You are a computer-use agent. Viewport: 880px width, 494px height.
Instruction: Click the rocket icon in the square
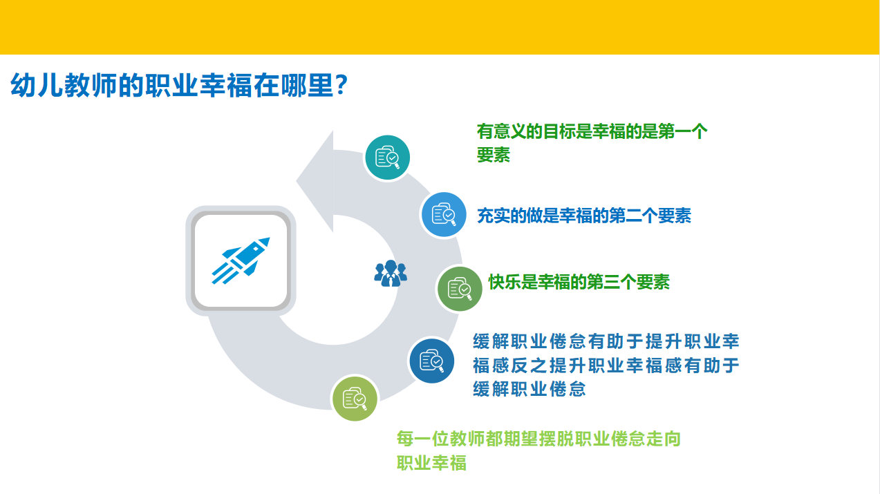point(241,260)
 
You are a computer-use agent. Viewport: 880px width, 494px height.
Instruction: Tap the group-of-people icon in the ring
point(391,274)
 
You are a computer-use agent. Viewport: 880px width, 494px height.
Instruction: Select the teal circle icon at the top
point(387,158)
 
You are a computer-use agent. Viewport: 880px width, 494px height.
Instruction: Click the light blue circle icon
point(444,214)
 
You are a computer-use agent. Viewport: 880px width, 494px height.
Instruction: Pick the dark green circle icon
point(460,289)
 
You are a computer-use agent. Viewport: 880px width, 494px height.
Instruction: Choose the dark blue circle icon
point(432,361)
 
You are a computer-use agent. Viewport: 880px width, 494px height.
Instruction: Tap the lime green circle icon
point(355,399)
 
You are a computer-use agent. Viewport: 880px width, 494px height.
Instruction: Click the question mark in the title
point(341,84)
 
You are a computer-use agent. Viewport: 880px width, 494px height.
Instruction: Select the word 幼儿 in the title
point(37,85)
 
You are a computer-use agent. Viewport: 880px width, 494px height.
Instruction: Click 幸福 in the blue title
point(226,85)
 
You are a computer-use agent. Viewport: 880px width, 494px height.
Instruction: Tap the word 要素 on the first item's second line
point(494,155)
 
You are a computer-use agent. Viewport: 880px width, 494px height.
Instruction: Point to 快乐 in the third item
point(505,282)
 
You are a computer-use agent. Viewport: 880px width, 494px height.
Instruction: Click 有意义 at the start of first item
point(501,131)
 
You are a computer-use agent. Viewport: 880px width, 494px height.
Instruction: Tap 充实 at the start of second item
point(494,216)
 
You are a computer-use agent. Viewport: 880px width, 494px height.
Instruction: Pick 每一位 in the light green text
point(422,439)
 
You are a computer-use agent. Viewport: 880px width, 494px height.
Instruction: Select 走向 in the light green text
point(664,439)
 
